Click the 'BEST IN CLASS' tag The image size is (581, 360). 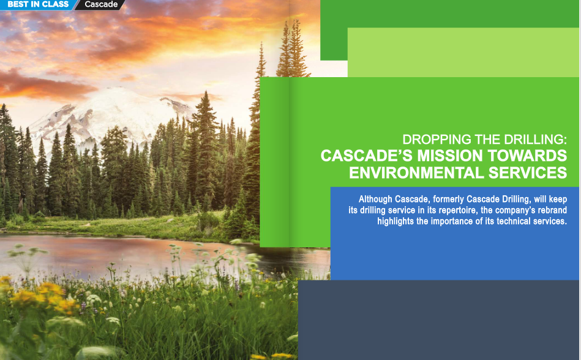click(35, 5)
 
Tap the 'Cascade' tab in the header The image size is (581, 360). click(101, 5)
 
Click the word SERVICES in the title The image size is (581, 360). click(527, 173)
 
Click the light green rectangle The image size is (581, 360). click(463, 53)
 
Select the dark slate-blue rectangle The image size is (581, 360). click(438, 320)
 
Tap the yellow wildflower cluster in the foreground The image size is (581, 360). click(37, 297)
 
